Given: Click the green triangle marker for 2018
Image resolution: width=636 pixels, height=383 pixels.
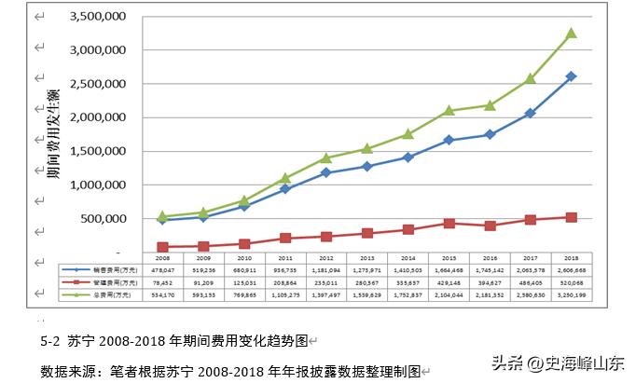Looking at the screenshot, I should tap(571, 34).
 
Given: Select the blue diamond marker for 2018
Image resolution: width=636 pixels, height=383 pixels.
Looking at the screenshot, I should tap(571, 76).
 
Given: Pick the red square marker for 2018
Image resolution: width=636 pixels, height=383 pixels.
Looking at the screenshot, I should tap(571, 217).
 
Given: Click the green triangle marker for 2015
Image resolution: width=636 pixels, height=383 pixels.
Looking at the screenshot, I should tap(449, 110).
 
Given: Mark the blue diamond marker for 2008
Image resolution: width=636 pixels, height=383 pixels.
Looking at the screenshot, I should tap(162, 220).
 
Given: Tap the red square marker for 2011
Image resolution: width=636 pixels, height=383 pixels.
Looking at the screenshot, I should tap(285, 238).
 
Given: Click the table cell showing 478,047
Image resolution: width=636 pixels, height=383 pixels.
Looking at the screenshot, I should tap(162, 267).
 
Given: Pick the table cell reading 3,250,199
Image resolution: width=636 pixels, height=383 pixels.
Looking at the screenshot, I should tap(571, 293).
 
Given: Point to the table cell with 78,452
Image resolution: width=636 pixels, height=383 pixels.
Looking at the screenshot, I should tap(162, 280).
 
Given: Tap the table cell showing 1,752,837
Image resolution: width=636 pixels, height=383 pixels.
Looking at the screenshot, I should tap(408, 293).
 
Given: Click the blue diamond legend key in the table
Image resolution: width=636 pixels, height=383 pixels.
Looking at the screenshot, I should tap(73, 267).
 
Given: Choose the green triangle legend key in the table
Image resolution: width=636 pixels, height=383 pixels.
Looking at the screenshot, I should tap(73, 293).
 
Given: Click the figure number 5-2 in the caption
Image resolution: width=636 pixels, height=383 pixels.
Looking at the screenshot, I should tap(51, 341).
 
